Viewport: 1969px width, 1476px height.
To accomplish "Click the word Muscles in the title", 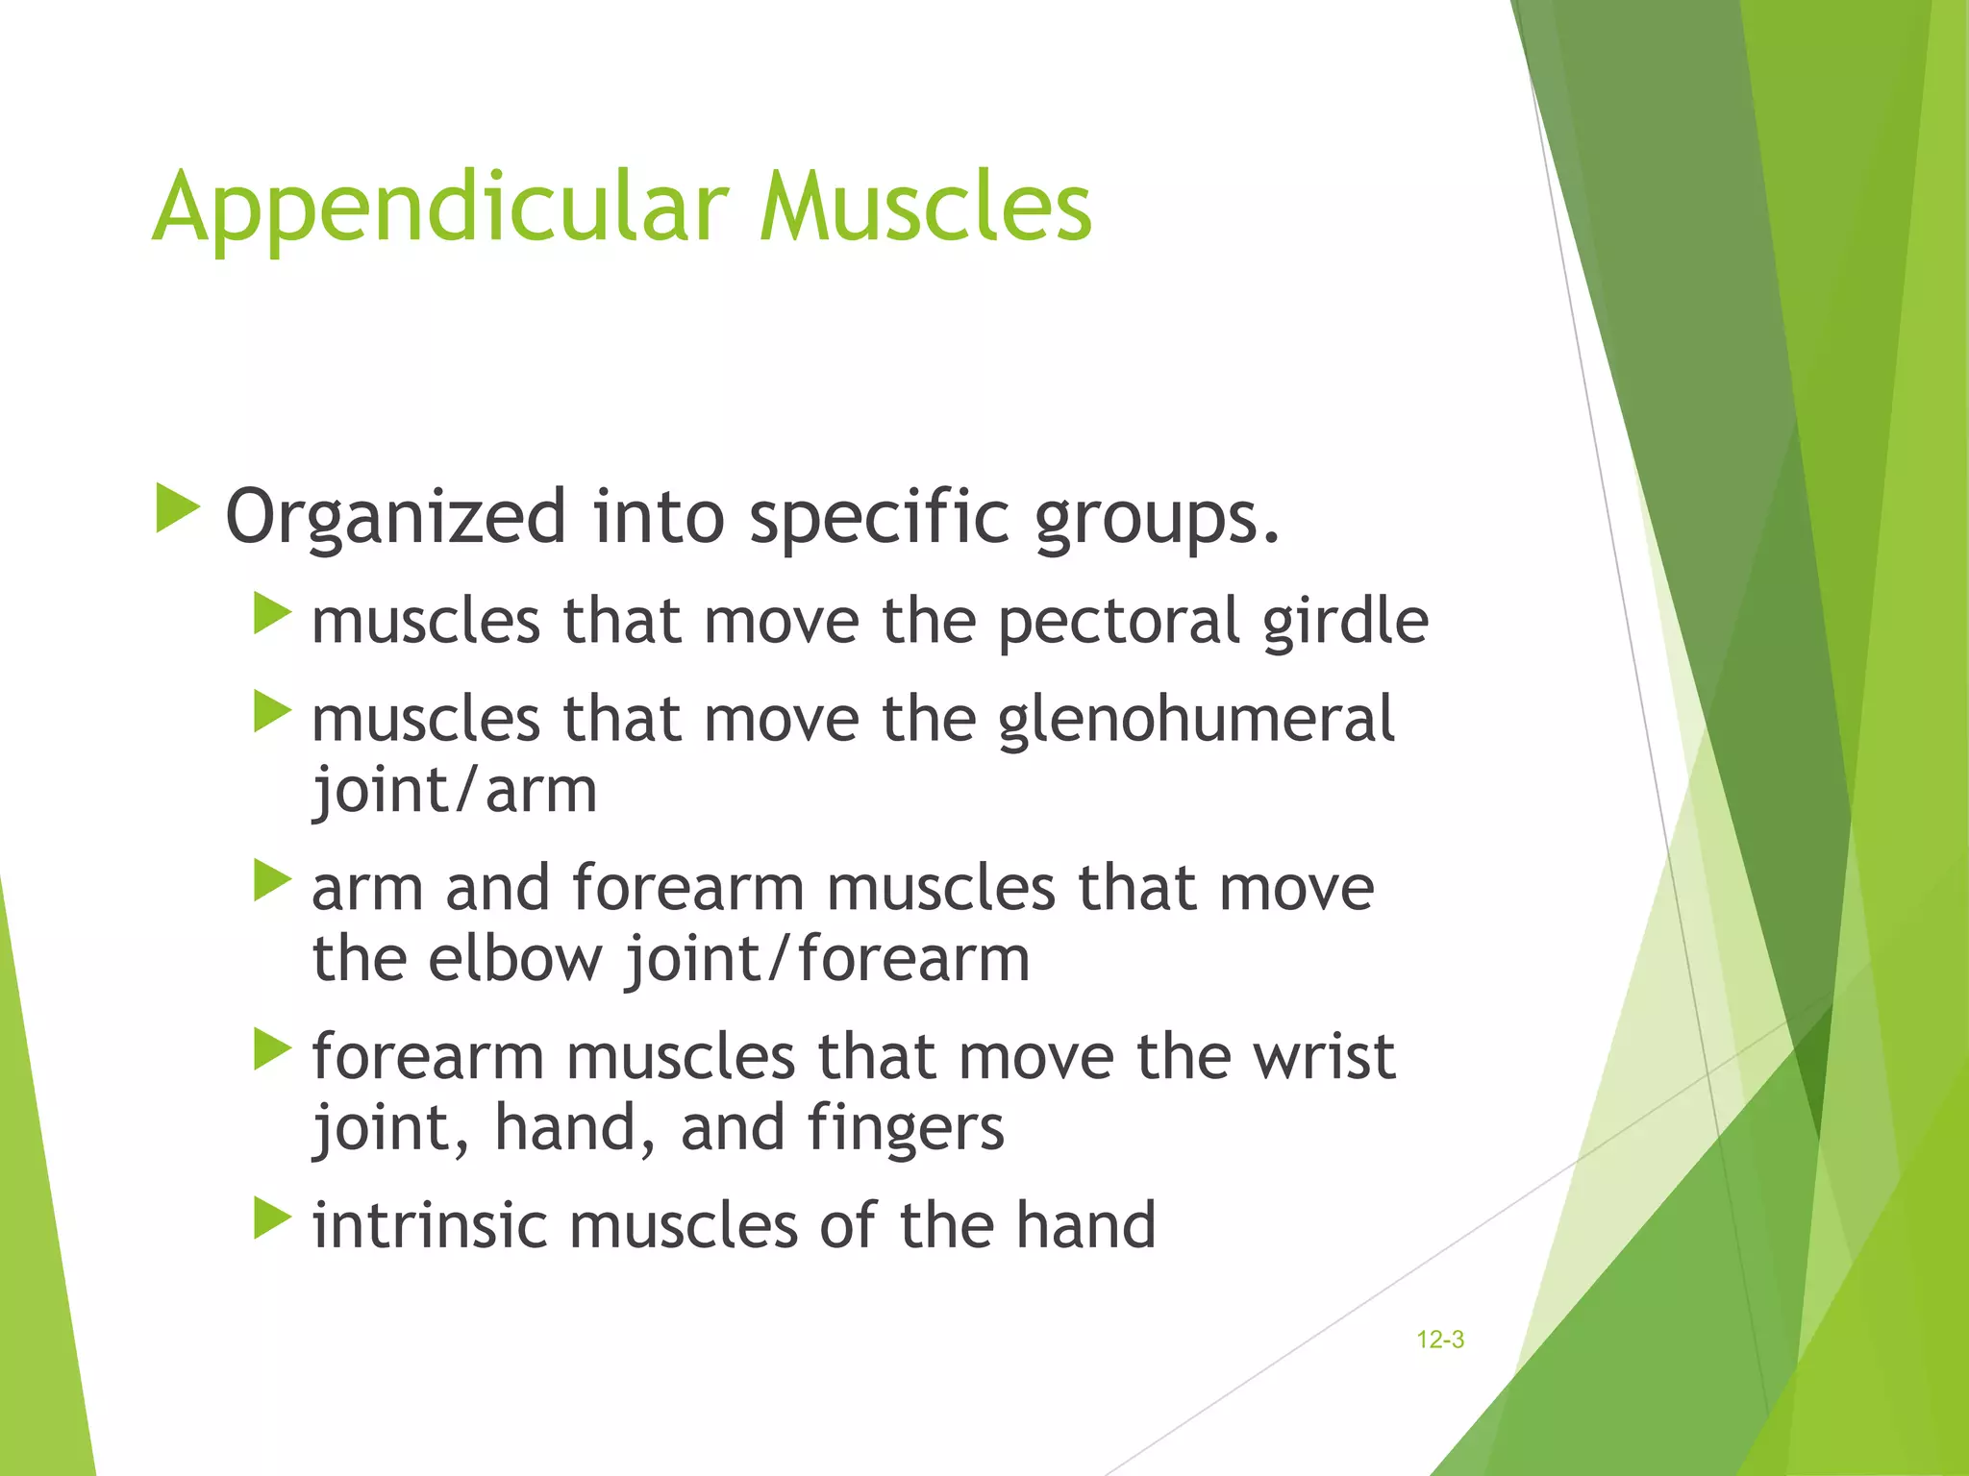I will (x=925, y=207).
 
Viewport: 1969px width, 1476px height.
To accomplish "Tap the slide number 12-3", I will (x=1439, y=1340).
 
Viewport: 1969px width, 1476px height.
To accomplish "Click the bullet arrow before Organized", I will (x=177, y=508).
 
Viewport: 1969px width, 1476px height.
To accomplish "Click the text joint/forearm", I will (x=827, y=960).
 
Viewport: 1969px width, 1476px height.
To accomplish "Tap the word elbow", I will (x=514, y=960).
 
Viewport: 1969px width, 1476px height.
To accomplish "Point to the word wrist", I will (x=1323, y=1057).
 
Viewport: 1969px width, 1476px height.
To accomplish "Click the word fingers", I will (x=906, y=1129).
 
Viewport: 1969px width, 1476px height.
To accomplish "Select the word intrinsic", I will (x=429, y=1226).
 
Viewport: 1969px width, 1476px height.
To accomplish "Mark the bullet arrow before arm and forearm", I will (x=272, y=880).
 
